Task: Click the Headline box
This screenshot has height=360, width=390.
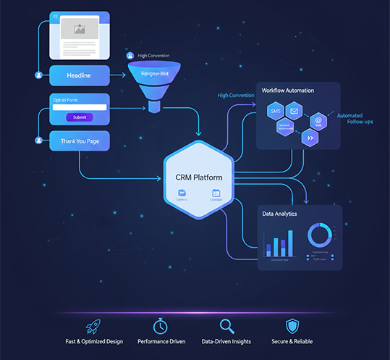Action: pos(80,75)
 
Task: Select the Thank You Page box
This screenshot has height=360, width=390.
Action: pos(80,141)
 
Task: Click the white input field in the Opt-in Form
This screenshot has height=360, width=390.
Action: pos(80,108)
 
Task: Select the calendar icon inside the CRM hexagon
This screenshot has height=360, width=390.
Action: pos(216,193)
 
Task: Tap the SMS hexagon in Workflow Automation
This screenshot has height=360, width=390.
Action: pos(276,112)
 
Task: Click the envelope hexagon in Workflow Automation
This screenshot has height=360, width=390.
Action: pos(292,111)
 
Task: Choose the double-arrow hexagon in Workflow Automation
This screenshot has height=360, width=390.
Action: pos(310,136)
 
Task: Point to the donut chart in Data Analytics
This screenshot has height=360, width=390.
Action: pos(319,235)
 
